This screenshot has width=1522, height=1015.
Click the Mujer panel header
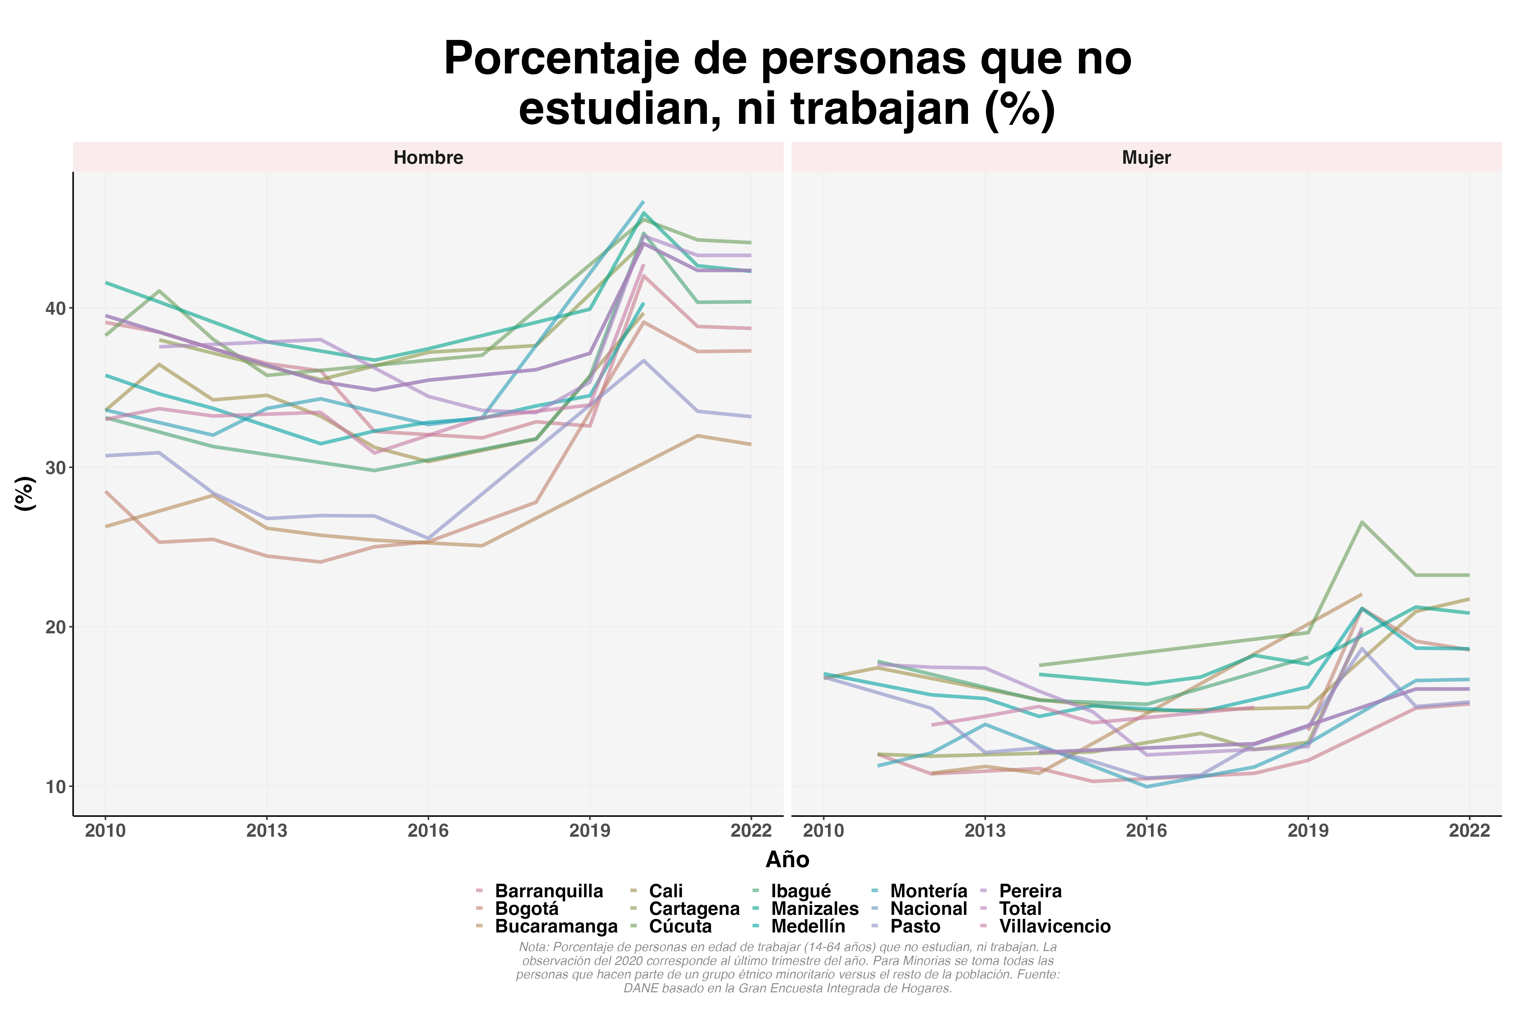tap(1146, 157)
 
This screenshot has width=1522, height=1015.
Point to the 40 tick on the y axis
tap(56, 308)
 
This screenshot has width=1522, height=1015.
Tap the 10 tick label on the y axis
tap(56, 787)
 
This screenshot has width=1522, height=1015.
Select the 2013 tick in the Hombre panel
tap(267, 831)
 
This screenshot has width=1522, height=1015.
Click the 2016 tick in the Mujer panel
tap(1146, 831)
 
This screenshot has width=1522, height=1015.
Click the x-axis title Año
tap(787, 860)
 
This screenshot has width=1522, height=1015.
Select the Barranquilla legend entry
tap(549, 892)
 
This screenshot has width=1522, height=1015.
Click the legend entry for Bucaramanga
tap(556, 926)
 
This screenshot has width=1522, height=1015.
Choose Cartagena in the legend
tap(694, 909)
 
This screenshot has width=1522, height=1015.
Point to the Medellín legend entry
tap(808, 926)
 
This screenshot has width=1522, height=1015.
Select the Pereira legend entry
tap(1030, 892)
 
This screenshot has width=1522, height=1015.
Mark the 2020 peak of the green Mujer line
tap(1362, 522)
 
